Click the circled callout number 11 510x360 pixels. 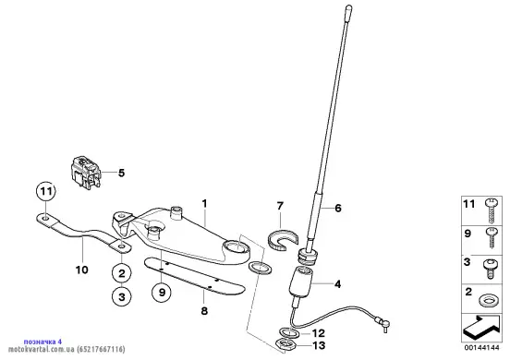coord(45,192)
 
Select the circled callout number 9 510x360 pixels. coord(162,292)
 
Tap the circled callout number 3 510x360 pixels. coord(122,297)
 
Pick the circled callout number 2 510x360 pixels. coord(122,273)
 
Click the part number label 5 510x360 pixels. coord(121,174)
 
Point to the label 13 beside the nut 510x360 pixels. coord(319,345)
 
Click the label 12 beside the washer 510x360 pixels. coord(319,333)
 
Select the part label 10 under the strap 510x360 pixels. coord(81,270)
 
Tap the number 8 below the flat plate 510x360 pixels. coord(204,311)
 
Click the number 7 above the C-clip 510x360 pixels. coord(280,206)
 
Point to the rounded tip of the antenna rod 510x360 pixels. coord(348,7)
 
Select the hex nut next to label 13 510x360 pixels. coord(285,344)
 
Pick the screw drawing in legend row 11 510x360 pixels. coord(491,210)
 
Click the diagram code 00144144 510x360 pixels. coord(481,348)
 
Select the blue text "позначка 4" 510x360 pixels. coord(42,342)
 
